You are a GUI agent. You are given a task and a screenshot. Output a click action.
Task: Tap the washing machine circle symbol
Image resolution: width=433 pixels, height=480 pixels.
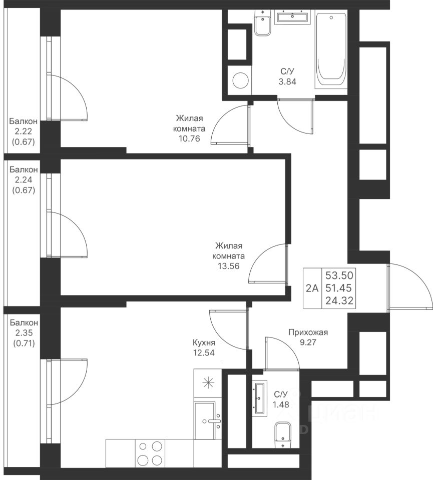[241, 80]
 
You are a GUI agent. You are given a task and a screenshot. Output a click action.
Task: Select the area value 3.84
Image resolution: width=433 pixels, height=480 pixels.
[287, 81]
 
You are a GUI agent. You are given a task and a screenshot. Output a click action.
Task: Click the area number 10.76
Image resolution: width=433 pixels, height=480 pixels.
[189, 138]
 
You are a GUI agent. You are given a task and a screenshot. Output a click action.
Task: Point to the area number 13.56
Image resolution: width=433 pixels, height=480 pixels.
[228, 266]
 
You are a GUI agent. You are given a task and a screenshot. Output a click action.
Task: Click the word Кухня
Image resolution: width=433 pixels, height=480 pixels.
[204, 342]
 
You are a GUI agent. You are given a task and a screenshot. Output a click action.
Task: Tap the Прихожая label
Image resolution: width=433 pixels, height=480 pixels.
[308, 332]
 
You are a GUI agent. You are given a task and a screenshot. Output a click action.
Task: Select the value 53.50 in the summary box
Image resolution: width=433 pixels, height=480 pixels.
[339, 275]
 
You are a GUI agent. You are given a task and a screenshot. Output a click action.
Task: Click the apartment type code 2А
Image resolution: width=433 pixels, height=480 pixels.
[312, 288]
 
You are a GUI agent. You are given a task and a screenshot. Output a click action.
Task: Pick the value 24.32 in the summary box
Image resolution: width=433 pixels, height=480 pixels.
[339, 300]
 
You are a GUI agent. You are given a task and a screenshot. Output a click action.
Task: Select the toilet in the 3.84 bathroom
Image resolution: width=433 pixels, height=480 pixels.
[263, 22]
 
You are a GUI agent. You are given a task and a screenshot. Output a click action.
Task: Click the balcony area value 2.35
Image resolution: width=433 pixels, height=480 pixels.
[24, 333]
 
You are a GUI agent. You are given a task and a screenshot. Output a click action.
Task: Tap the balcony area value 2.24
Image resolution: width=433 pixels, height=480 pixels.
[24, 179]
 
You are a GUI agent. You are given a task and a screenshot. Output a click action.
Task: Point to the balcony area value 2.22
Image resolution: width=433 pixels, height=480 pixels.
[24, 131]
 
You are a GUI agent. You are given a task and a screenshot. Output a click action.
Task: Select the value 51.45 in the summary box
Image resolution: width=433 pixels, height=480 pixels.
[338, 288]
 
